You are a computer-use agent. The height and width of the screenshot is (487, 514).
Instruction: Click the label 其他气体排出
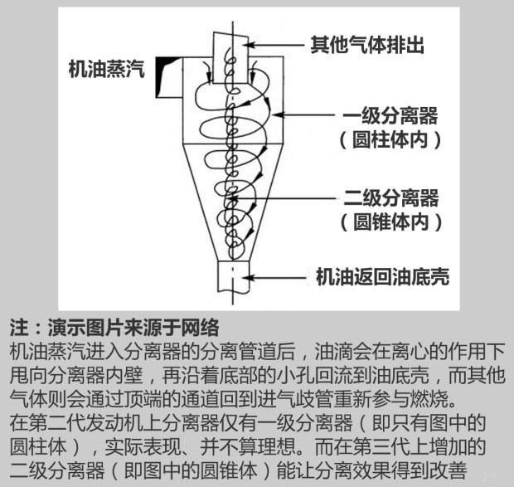pos(367,45)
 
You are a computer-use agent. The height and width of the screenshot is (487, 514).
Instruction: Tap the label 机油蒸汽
pos(107,69)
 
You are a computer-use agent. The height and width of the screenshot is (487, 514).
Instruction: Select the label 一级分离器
pos(390,115)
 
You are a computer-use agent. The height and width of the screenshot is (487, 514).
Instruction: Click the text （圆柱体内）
pos(390,140)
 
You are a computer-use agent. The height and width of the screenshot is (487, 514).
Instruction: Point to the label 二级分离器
pos(391,197)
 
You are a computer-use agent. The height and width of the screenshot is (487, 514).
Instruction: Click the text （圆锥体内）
pos(391,222)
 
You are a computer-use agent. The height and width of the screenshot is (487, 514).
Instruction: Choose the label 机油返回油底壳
pos(382,277)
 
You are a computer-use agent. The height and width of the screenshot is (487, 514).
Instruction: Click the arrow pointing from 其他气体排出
pos(276,45)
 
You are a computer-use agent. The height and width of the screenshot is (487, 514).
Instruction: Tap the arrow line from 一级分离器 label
pos(304,114)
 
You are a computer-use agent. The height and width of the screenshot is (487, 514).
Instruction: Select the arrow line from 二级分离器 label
pos(283,198)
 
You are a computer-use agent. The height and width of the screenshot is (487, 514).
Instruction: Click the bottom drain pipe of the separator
pos(234,276)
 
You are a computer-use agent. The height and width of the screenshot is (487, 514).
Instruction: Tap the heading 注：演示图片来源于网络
pos(114,327)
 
